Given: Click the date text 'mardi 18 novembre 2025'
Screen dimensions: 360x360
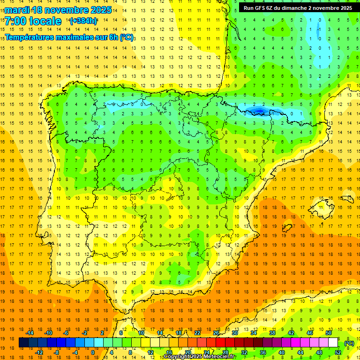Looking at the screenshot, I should pyautogui.click(x=58, y=10).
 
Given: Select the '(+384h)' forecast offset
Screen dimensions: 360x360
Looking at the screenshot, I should pyautogui.click(x=83, y=21).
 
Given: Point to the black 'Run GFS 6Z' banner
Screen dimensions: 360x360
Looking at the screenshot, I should pyautogui.click(x=298, y=8).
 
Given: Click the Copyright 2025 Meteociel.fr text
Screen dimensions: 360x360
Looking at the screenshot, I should pyautogui.click(x=199, y=357).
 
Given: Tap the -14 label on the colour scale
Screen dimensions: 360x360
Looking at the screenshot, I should pyautogui.click(x=29, y=333).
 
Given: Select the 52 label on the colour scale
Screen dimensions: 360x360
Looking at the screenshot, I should pyautogui.click(x=338, y=352).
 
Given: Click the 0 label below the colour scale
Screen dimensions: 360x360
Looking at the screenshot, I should pyautogui.click(x=93, y=352).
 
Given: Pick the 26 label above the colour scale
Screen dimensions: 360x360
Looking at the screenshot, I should pyautogui.click(x=216, y=333).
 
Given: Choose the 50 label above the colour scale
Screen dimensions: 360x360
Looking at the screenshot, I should pyautogui.click(x=329, y=333).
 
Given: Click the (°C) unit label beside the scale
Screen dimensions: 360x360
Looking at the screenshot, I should pyautogui.click(x=349, y=343).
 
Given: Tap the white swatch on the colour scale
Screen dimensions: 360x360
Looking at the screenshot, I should pyautogui.click(x=333, y=343).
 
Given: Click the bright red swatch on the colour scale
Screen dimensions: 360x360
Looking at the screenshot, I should pyautogui.click(x=221, y=343).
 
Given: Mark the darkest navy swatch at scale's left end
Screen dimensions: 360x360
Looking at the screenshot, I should pyautogui.click(x=23, y=343).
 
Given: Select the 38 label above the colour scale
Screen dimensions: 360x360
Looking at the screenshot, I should pyautogui.click(x=272, y=333).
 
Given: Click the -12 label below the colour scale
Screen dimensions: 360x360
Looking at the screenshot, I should pyautogui.click(x=38, y=352).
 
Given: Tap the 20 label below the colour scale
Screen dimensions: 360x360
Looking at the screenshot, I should pyautogui.click(x=187, y=352).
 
